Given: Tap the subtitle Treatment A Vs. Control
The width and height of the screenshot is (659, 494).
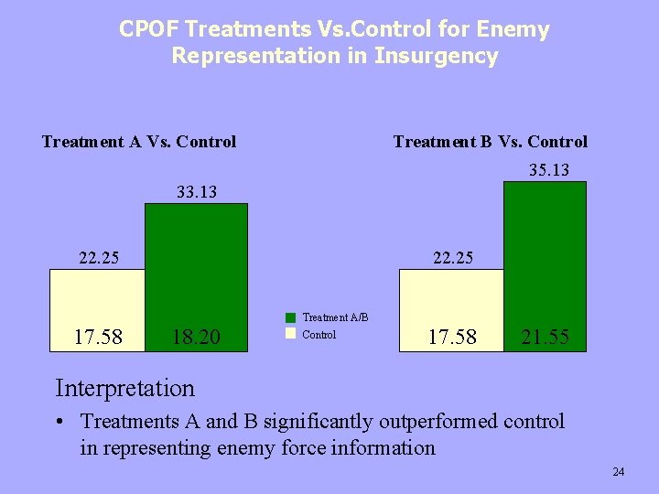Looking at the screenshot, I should tap(139, 142).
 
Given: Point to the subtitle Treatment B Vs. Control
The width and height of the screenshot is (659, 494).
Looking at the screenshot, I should tap(490, 142).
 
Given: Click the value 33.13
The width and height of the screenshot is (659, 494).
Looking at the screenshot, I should tap(196, 192).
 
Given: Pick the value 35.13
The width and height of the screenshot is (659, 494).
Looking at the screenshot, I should tap(549, 170).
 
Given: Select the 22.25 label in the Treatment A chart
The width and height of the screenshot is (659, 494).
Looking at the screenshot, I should tap(99, 258).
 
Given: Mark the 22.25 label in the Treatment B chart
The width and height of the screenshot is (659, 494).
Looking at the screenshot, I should tap(453, 258).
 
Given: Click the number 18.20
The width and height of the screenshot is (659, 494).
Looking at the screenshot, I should tap(196, 338).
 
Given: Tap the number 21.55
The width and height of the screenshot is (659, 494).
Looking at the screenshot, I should tap(545, 338).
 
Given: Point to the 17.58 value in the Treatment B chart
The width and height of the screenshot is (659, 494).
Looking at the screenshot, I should tap(452, 338).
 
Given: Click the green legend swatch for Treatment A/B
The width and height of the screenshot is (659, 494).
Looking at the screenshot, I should tap(290, 318).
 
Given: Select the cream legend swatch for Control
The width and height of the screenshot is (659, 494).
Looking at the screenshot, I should tap(290, 334).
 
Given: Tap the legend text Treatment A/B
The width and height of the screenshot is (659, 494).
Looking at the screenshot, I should tap(335, 318).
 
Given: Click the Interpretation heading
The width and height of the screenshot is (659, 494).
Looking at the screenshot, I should tap(124, 388).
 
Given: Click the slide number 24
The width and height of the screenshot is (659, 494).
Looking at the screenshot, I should tap(618, 472).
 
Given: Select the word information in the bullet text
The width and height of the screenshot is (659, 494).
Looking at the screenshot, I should tap(383, 448).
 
